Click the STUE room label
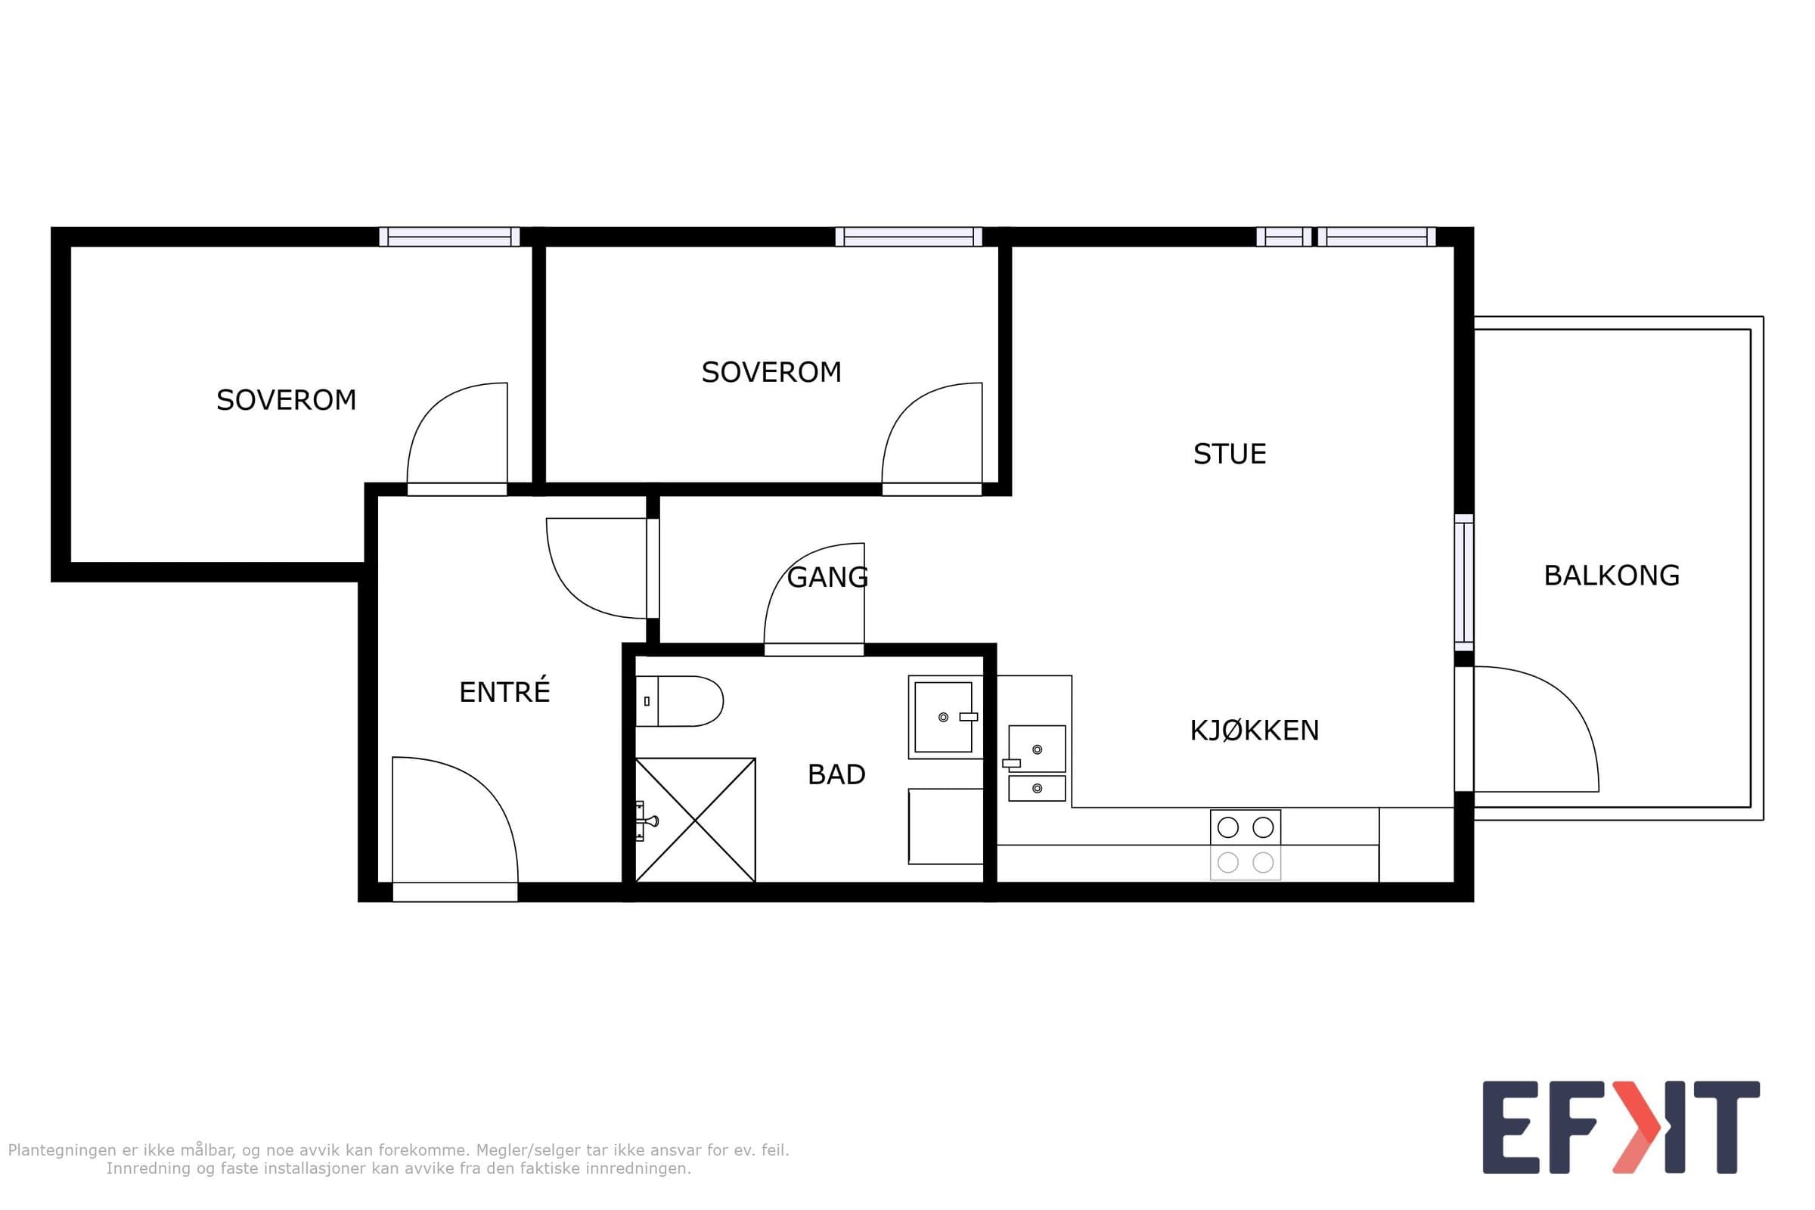1230,454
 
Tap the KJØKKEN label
1254,730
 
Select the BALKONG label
1612,576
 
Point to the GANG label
827,577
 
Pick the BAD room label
836,774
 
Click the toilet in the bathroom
679,701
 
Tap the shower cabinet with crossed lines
695,820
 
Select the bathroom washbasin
945,717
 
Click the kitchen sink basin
1036,749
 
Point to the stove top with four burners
1246,845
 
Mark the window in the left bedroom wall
449,236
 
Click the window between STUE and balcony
1464,582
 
